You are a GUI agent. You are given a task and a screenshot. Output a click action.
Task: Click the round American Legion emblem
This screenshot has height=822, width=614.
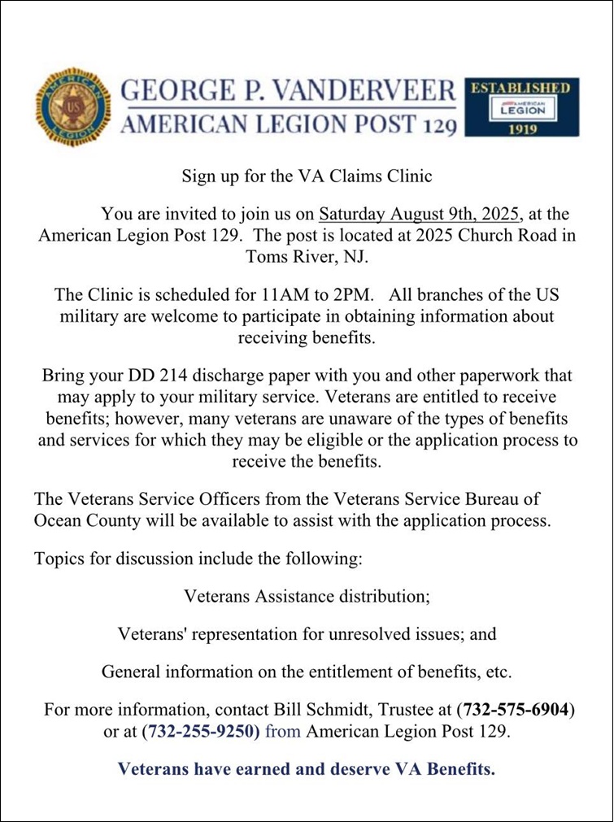pyautogui.click(x=72, y=107)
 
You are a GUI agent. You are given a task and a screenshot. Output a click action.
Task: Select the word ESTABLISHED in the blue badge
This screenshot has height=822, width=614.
pyautogui.click(x=521, y=87)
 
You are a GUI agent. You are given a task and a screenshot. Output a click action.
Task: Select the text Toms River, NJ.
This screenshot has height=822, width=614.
pyautogui.click(x=307, y=257)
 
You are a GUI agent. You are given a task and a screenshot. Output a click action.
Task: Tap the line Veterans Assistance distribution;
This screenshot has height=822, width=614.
pyautogui.click(x=307, y=596)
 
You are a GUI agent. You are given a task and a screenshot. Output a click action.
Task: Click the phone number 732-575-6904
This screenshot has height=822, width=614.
pyautogui.click(x=516, y=710)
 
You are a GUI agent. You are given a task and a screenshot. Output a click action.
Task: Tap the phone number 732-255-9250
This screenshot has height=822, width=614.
pyautogui.click(x=201, y=731)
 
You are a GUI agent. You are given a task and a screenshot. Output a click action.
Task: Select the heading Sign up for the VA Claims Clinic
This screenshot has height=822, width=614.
pyautogui.click(x=307, y=176)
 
